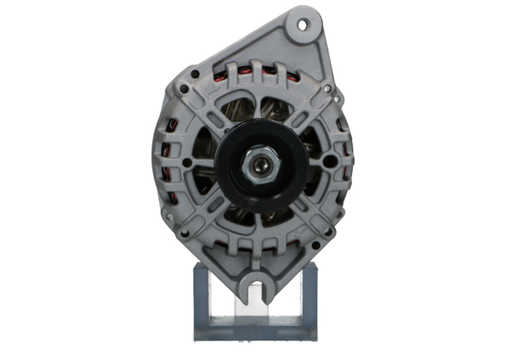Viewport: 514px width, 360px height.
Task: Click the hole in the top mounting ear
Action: (302, 25)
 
